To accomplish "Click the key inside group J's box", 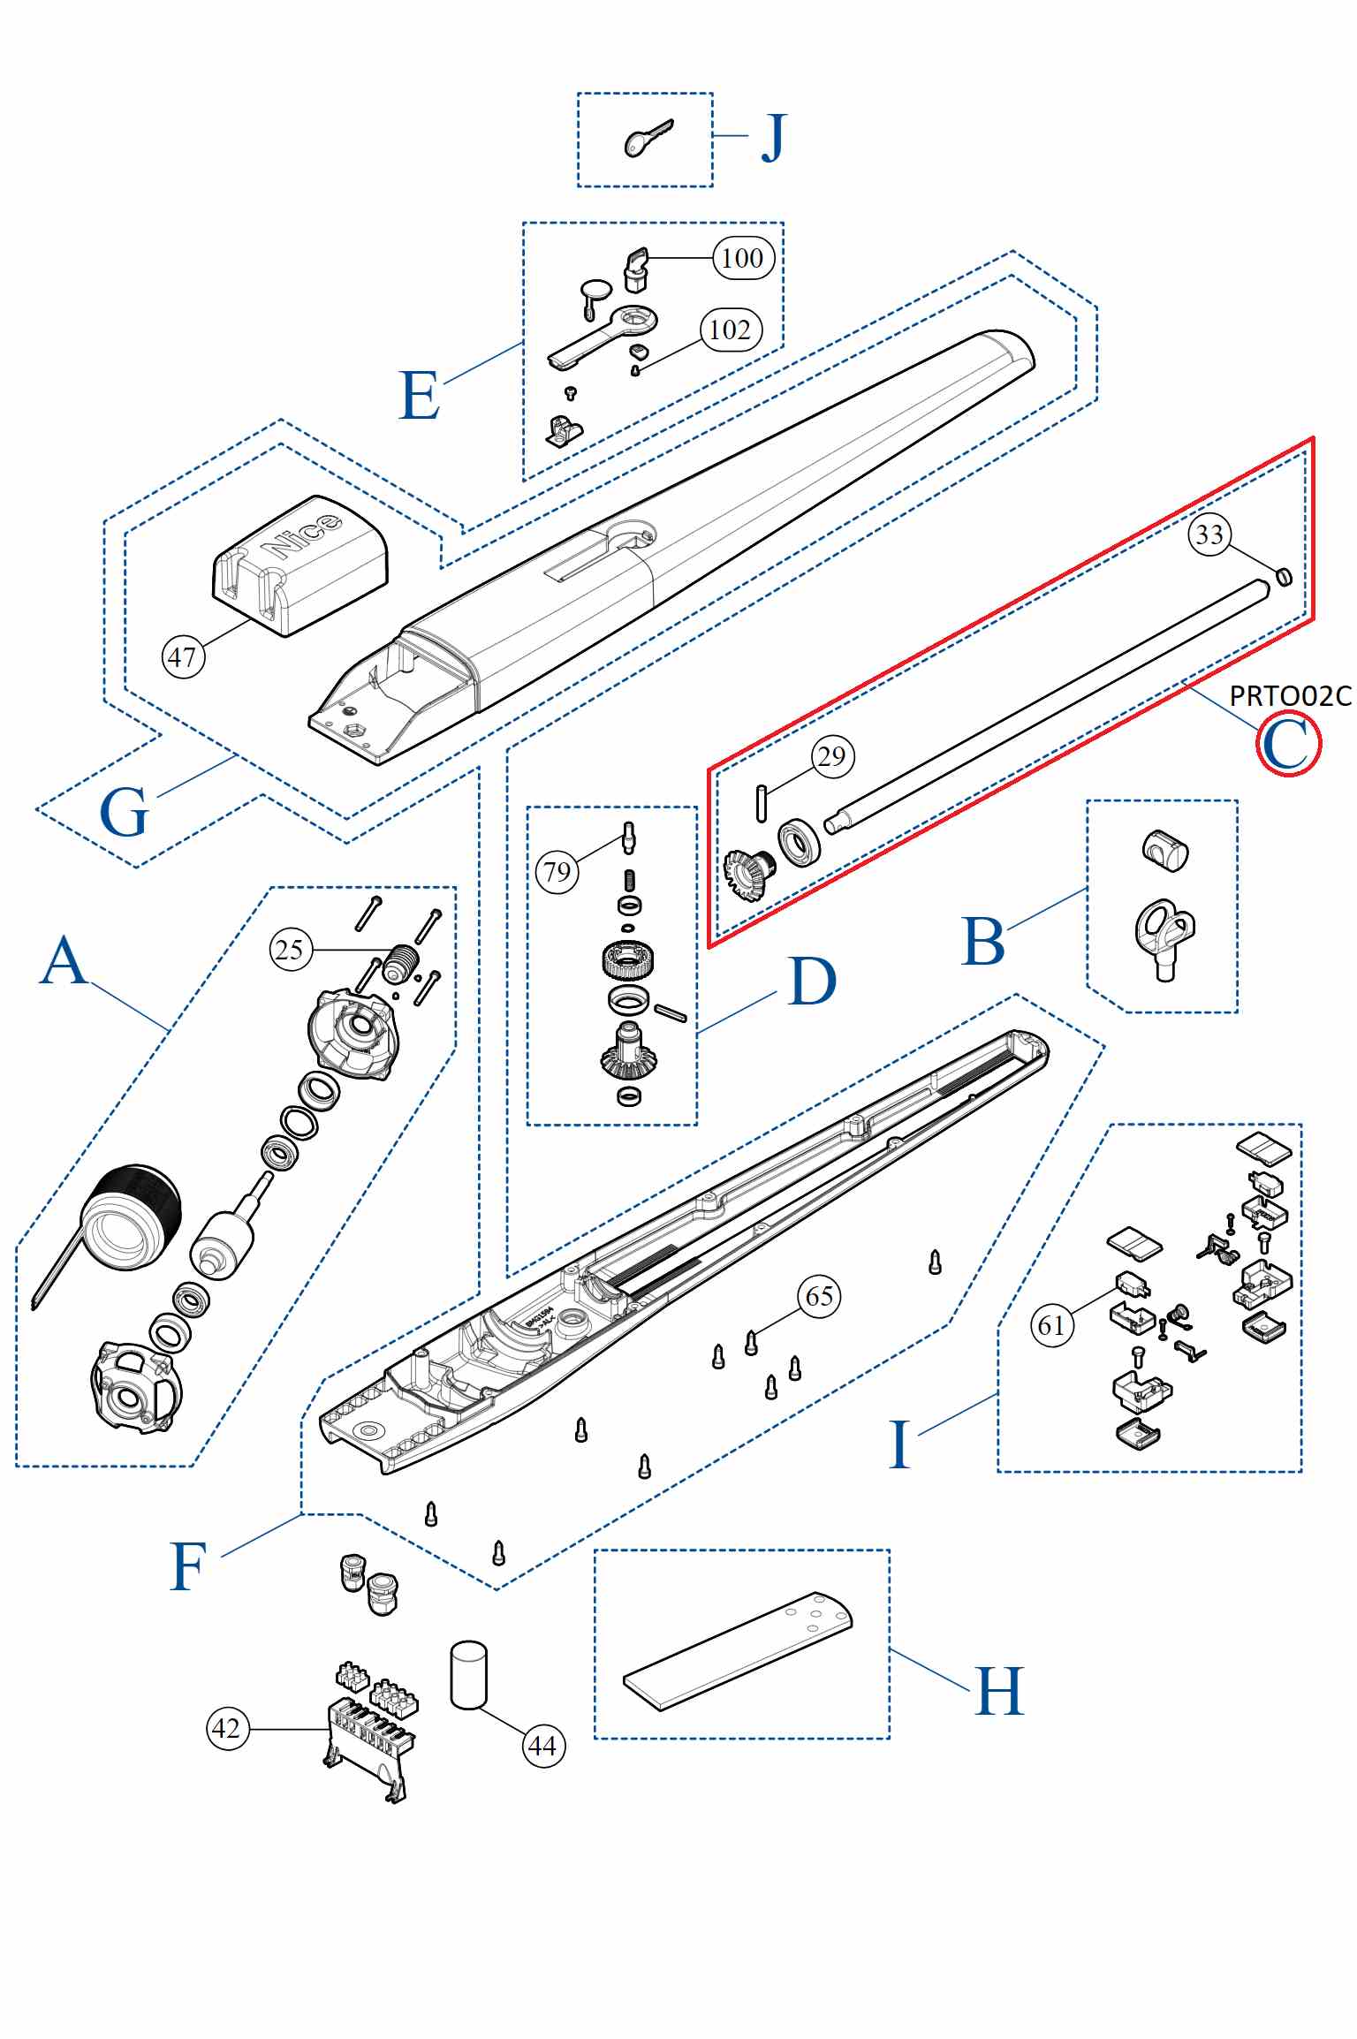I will pyautogui.click(x=647, y=140).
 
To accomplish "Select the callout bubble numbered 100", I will pyautogui.click(x=743, y=258).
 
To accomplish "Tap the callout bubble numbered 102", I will pyautogui.click(x=731, y=330).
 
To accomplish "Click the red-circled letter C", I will pyautogui.click(x=1287, y=744).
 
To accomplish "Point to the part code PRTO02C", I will pyautogui.click(x=1290, y=696).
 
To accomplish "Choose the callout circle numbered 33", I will pyautogui.click(x=1209, y=534).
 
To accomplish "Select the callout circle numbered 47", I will pyautogui.click(x=183, y=657).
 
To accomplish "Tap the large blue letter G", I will pyautogui.click(x=124, y=813).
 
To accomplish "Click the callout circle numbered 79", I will pyautogui.click(x=557, y=872).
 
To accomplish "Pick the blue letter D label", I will pyautogui.click(x=812, y=982).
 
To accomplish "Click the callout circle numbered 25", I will pyautogui.click(x=291, y=950).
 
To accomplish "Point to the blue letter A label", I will pyautogui.click(x=64, y=961).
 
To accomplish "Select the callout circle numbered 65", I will pyautogui.click(x=819, y=1297).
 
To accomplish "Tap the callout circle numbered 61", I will pyautogui.click(x=1051, y=1325).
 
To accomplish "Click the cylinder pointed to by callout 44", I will pyautogui.click(x=468, y=1675).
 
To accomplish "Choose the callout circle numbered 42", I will pyautogui.click(x=227, y=1728).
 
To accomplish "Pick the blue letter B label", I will pyautogui.click(x=982, y=942).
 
